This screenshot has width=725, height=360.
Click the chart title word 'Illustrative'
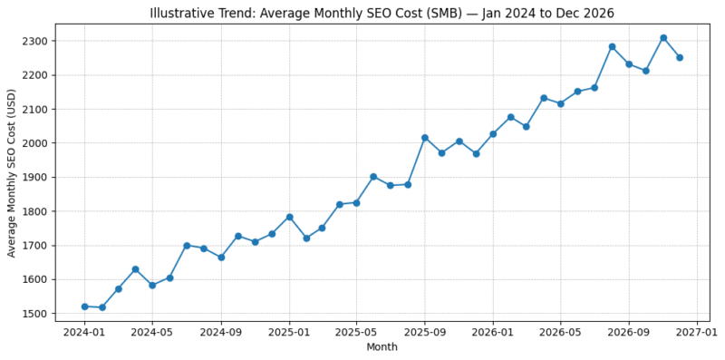[x=184, y=12]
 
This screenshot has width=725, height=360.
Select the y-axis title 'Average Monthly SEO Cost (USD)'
[x=12, y=172]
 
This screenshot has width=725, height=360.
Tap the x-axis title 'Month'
[x=382, y=347]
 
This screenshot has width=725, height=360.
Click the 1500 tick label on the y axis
[x=36, y=314]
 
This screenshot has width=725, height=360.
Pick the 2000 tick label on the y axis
[x=36, y=143]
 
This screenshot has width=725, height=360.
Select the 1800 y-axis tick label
[x=36, y=211]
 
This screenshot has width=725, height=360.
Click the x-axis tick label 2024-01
[x=84, y=331]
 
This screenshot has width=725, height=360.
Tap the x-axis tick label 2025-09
[x=424, y=331]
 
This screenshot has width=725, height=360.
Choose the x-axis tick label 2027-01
[x=697, y=331]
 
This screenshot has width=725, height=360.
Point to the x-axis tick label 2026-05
[x=560, y=331]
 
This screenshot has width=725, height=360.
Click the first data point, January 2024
[x=84, y=306]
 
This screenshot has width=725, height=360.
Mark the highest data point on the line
[x=663, y=38]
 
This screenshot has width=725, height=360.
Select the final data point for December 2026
[x=680, y=57]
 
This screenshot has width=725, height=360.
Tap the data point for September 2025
[x=425, y=138]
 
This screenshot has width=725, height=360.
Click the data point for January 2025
[x=289, y=217]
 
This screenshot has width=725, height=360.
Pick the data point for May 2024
[x=152, y=285]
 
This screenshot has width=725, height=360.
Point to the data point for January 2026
[x=493, y=134]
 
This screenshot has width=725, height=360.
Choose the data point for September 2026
[x=629, y=64]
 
